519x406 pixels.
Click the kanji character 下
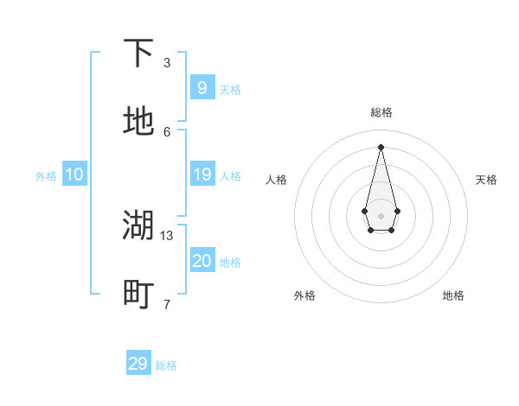click(138, 54)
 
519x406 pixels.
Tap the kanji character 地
click(138, 122)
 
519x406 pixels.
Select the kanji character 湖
click(138, 225)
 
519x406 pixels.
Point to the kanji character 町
click(138, 295)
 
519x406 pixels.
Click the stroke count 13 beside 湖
click(167, 235)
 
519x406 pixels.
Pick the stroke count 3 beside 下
click(167, 62)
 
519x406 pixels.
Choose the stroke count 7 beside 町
click(167, 304)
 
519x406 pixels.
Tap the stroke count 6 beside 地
click(167, 131)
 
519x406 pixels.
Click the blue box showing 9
click(202, 87)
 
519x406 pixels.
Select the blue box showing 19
click(202, 174)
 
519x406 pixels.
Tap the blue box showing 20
click(202, 261)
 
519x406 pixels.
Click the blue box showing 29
click(138, 364)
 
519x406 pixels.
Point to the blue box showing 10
click(74, 174)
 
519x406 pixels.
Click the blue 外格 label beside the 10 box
click(46, 176)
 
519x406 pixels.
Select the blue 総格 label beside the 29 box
click(166, 365)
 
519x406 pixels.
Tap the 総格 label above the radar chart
click(381, 112)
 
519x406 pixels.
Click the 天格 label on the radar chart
click(486, 180)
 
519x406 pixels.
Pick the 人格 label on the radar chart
click(276, 180)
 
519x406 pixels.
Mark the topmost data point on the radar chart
click(381, 146)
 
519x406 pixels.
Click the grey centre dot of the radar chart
click(381, 214)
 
